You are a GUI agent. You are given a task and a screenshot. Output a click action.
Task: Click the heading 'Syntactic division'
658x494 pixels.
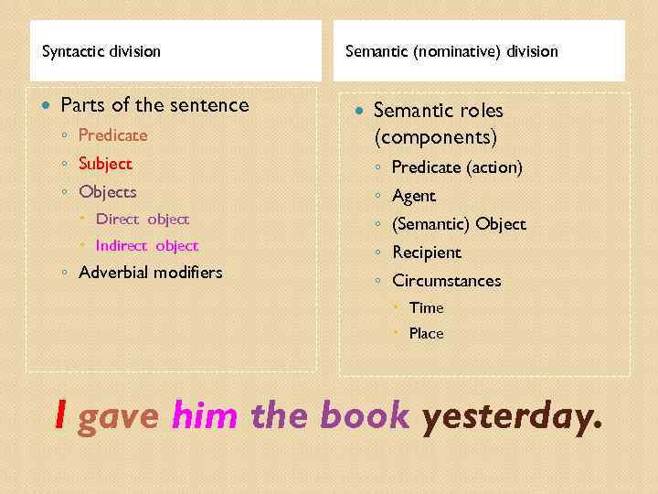pyautogui.click(x=101, y=51)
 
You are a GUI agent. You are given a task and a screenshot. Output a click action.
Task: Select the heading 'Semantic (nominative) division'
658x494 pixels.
pyautogui.click(x=451, y=51)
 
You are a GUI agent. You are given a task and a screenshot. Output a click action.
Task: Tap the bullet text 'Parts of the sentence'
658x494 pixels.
pyautogui.click(x=154, y=105)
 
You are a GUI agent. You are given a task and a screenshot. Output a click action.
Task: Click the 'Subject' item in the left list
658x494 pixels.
pyautogui.click(x=105, y=164)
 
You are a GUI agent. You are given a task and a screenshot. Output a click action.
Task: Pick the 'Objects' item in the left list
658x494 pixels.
pyautogui.click(x=108, y=192)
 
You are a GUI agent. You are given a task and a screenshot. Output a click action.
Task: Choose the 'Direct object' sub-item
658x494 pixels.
pyautogui.click(x=143, y=219)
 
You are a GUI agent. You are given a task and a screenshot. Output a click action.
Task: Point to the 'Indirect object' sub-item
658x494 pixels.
pyautogui.click(x=147, y=245)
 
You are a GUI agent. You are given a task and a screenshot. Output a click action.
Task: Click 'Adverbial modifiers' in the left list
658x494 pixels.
pyautogui.click(x=151, y=273)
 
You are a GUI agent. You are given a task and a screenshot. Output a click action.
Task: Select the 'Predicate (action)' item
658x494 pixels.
pyautogui.click(x=457, y=167)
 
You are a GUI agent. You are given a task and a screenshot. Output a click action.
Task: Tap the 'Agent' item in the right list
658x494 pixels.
pyautogui.click(x=414, y=196)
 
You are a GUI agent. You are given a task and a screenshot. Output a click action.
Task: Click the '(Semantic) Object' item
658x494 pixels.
pyautogui.click(x=459, y=224)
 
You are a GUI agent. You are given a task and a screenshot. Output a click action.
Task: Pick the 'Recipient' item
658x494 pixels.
pyautogui.click(x=427, y=252)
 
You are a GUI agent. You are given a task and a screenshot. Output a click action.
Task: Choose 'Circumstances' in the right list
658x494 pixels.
pyautogui.click(x=447, y=281)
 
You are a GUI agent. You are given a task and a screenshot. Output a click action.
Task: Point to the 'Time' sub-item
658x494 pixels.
pyautogui.click(x=426, y=307)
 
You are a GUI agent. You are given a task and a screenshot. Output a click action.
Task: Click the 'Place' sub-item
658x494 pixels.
pyautogui.click(x=426, y=333)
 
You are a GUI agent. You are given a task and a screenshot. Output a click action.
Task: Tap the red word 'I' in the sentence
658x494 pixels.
pyautogui.click(x=60, y=416)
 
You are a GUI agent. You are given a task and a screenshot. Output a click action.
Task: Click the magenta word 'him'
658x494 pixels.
pyautogui.click(x=205, y=417)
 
